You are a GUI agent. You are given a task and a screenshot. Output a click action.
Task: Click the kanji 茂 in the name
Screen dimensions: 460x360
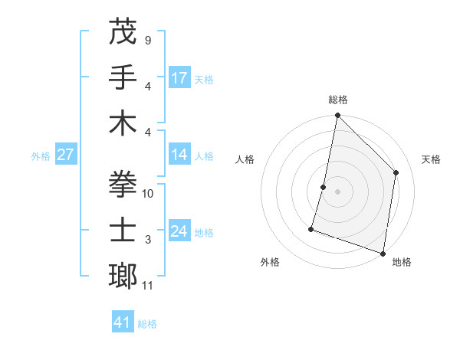[123, 32]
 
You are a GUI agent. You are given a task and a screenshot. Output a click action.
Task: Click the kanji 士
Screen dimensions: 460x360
[123, 231]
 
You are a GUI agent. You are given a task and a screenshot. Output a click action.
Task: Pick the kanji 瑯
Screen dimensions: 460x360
[123, 276]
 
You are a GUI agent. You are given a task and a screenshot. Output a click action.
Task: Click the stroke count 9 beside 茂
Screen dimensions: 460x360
[147, 40]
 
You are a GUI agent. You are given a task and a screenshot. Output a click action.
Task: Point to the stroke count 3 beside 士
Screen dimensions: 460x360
[147, 240]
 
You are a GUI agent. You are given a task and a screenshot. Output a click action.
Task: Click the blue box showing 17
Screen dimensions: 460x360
[179, 78]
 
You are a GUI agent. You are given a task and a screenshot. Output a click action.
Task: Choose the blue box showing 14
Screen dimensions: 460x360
[179, 155]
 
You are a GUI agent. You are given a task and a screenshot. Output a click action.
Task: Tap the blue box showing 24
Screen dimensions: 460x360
[179, 232]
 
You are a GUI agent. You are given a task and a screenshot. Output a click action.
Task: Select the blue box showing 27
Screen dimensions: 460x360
[66, 155]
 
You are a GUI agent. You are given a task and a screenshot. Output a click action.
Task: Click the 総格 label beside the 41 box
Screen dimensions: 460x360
[147, 324]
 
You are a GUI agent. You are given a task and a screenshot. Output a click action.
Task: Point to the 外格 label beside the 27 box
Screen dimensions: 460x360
[41, 156]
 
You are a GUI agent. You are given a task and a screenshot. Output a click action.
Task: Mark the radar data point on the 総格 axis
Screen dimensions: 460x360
[337, 116]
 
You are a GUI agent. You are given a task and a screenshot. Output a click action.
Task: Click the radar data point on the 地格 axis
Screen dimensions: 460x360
[383, 253]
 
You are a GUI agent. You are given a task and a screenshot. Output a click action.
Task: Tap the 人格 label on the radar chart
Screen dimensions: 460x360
[245, 159]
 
